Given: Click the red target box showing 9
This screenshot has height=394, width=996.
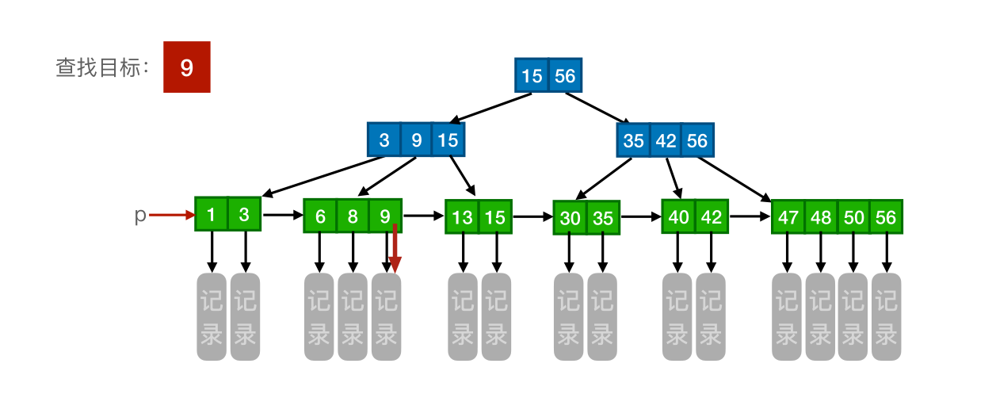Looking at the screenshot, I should coord(187,67).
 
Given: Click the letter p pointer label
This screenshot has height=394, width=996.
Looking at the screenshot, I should coord(139,215).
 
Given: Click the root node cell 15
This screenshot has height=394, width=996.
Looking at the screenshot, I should coord(532,76).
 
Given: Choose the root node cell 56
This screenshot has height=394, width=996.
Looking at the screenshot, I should coord(565,76).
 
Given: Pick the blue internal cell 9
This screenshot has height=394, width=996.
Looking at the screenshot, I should coord(416,140).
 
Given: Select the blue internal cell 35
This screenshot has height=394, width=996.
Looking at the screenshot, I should coord(633,141).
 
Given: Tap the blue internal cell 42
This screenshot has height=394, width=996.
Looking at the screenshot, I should coord(666,141).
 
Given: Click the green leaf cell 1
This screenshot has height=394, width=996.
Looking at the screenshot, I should coord(212,214).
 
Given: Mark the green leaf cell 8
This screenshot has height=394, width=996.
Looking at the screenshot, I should coord(353,216).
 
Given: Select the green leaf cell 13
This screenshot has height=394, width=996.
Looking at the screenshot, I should coord(462,217).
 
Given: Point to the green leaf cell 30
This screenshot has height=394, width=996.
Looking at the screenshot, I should coord(571,218).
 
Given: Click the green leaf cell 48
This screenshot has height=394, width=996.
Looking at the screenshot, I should coord(821,217).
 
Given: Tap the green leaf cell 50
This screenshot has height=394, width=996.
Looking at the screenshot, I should coord(853,217).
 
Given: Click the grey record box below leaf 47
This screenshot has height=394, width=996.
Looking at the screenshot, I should coord(787,316).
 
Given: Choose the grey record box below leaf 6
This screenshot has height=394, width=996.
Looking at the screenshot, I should coord(319,316).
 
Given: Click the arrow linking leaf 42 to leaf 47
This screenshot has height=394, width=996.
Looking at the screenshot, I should coord(750,215).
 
